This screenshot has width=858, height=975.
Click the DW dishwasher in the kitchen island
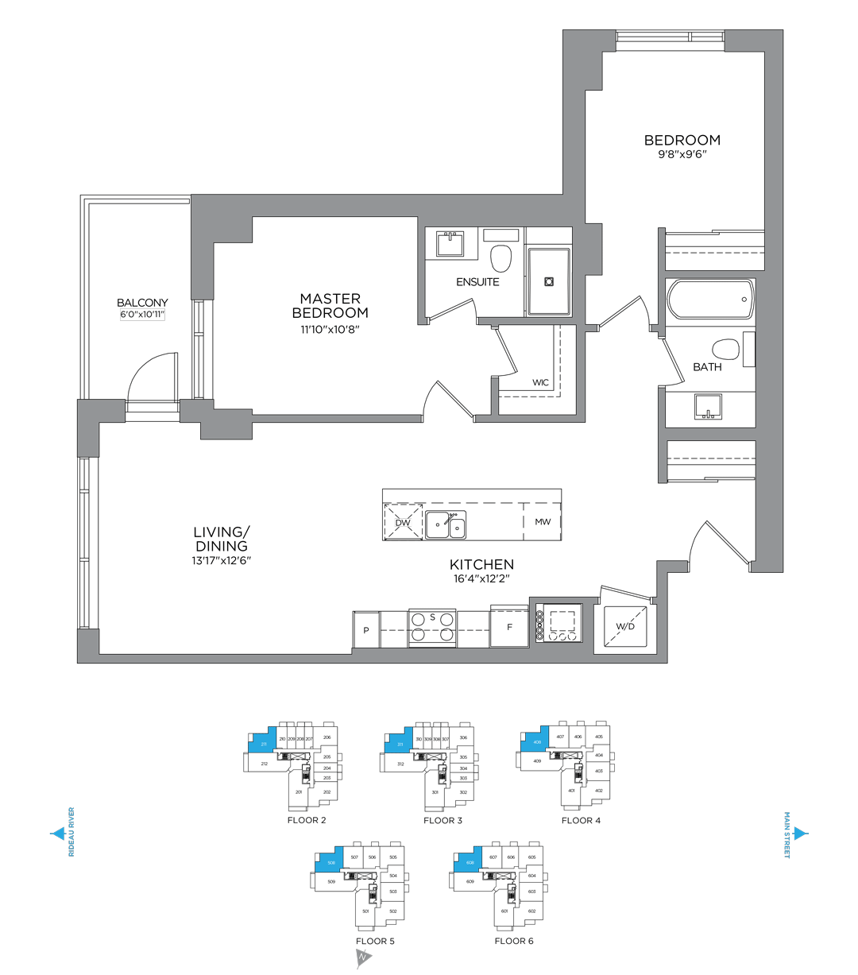403,522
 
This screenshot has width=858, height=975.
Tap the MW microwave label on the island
543,522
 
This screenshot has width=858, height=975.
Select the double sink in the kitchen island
446,524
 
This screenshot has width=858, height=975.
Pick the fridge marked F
509,626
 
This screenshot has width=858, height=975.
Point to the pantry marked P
366,629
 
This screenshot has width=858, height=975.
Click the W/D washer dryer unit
625,627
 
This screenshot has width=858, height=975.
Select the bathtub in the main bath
709,300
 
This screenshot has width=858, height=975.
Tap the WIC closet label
540,382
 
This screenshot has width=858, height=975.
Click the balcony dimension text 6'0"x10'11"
142,315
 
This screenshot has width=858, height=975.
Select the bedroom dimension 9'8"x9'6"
682,154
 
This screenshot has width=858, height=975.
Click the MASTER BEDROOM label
330,305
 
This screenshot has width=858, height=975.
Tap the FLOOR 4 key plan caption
581,820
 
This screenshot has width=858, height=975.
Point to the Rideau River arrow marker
56,834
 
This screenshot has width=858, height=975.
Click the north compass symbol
362,959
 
